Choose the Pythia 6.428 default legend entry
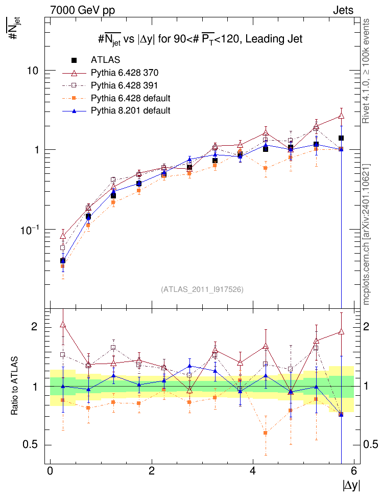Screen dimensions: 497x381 tap(130, 98)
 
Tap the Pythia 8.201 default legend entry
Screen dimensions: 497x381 tap(130, 110)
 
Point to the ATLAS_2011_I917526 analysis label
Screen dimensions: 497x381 tap(202, 289)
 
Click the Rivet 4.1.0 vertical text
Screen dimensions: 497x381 tap(366, 72)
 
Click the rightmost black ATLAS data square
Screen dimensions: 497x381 tap(341, 138)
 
